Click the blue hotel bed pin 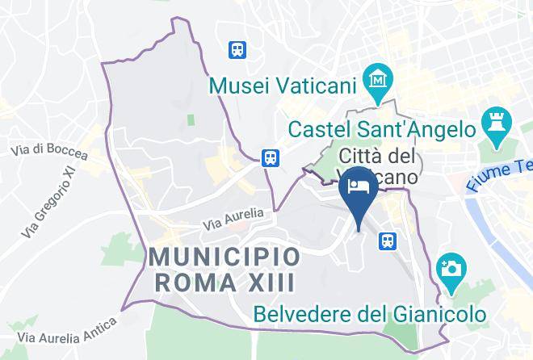(356, 189)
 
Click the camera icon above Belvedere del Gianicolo (449, 267)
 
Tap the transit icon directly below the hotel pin (388, 240)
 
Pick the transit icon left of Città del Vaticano (271, 157)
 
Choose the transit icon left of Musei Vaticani (237, 49)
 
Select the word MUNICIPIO (225, 258)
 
